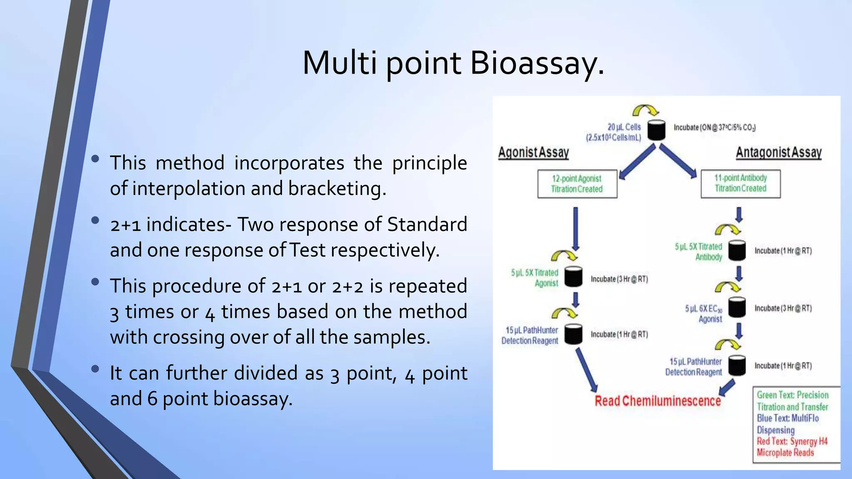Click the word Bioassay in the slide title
tap(537, 63)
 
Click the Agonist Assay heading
tap(533, 153)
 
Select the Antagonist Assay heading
tap(778, 153)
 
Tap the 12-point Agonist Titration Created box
tap(577, 184)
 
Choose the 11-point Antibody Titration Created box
tap(741, 183)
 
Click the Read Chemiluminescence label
tap(657, 401)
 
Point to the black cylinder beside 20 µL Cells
tap(656, 130)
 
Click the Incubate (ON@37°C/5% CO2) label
tap(714, 127)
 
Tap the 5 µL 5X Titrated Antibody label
tap(698, 252)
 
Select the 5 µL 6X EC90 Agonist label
tap(704, 314)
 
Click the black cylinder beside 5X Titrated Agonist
tap(573, 277)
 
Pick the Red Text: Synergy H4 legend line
tap(792, 442)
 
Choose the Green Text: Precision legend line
tap(792, 395)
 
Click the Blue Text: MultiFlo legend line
tap(788, 418)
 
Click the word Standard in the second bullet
tap(427, 225)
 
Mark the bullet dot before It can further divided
tap(95, 368)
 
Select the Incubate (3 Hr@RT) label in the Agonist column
tap(619, 279)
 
